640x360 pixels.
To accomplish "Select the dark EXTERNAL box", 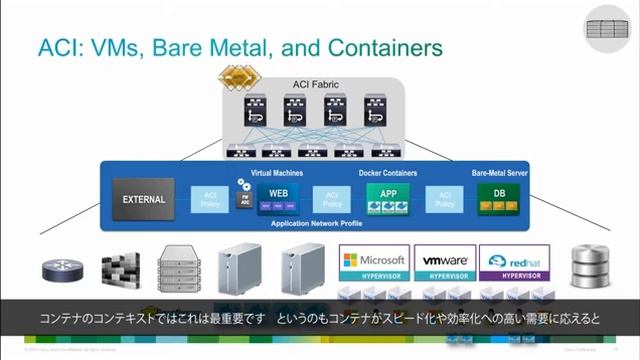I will (x=144, y=199).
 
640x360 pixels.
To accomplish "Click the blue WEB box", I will (x=278, y=198).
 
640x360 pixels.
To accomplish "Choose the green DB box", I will (x=497, y=198).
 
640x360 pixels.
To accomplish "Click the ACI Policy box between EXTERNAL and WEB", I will (x=210, y=199).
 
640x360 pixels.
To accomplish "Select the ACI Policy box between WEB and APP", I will (x=332, y=199).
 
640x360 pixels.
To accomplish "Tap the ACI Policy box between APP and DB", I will (x=443, y=199).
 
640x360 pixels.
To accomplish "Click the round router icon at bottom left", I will (x=58, y=270).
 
